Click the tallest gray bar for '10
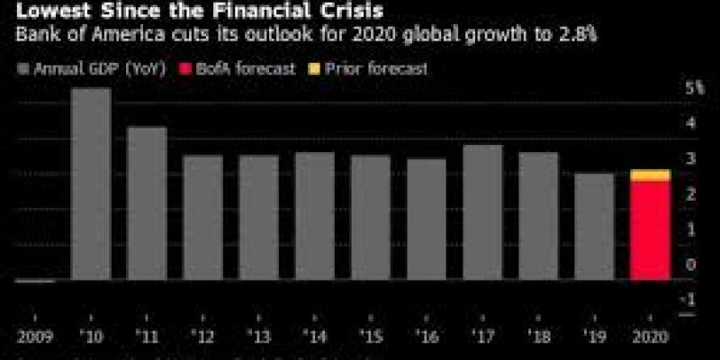click(x=91, y=184)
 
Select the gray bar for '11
click(x=147, y=203)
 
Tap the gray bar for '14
click(x=314, y=216)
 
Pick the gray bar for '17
click(x=482, y=212)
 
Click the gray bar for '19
click(x=594, y=226)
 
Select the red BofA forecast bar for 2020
click(x=650, y=230)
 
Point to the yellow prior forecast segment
click(x=650, y=175)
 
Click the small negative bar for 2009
click(x=35, y=281)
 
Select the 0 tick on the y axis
click(x=690, y=265)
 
